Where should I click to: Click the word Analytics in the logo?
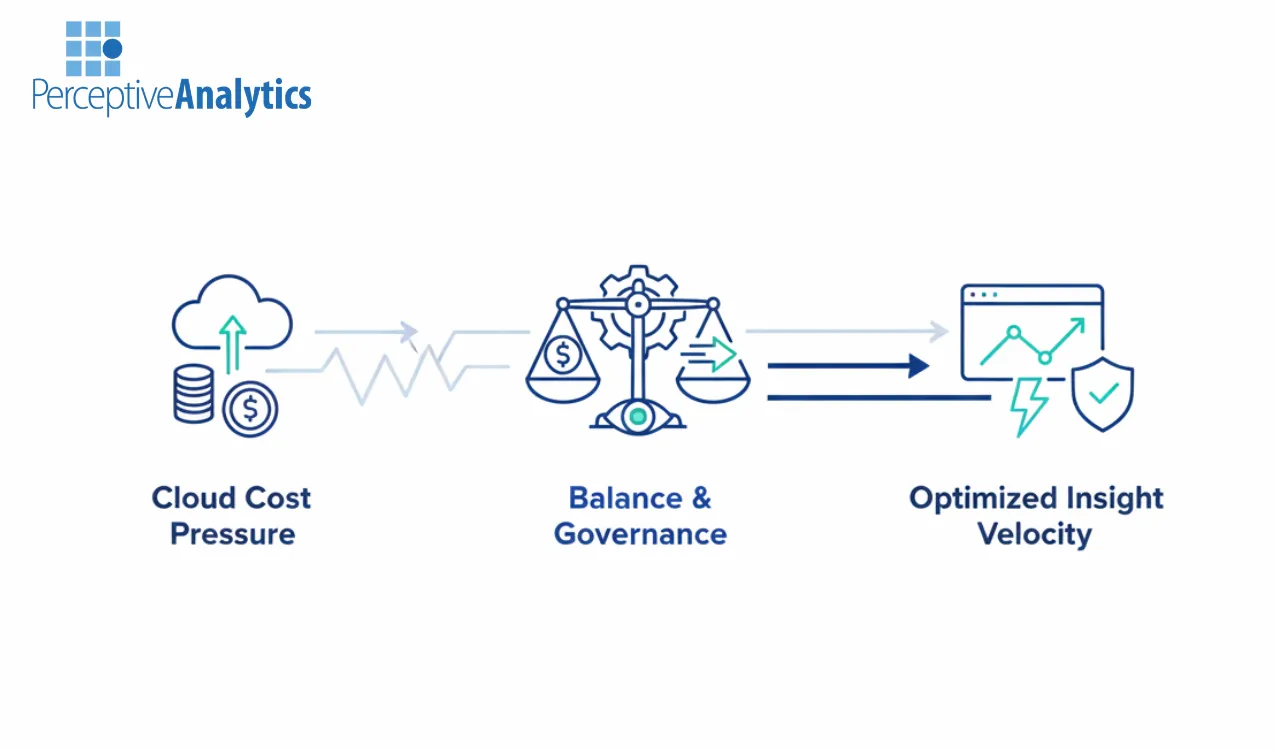click(x=244, y=95)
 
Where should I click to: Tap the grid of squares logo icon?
click(x=93, y=48)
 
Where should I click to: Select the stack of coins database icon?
click(x=193, y=392)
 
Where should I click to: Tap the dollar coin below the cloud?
click(x=250, y=408)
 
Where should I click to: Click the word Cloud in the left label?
click(x=191, y=498)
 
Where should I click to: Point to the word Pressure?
click(x=232, y=534)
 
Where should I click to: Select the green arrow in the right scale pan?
click(x=712, y=354)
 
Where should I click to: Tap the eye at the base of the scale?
click(x=637, y=416)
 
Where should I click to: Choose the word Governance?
click(x=640, y=534)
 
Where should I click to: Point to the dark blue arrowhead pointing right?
click(x=919, y=366)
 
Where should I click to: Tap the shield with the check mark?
click(x=1102, y=394)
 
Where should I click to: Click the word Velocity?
click(x=1034, y=534)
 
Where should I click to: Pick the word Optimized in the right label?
click(x=983, y=498)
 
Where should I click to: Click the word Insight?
click(x=1114, y=498)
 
